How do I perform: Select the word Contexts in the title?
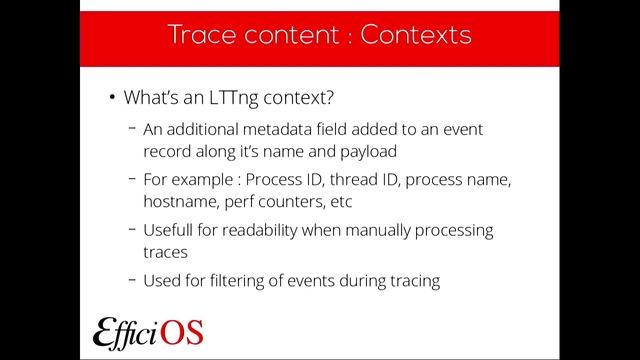[x=417, y=36]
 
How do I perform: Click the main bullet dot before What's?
[x=111, y=98]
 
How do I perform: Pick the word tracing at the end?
[x=414, y=281]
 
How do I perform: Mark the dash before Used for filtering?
[x=133, y=281]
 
